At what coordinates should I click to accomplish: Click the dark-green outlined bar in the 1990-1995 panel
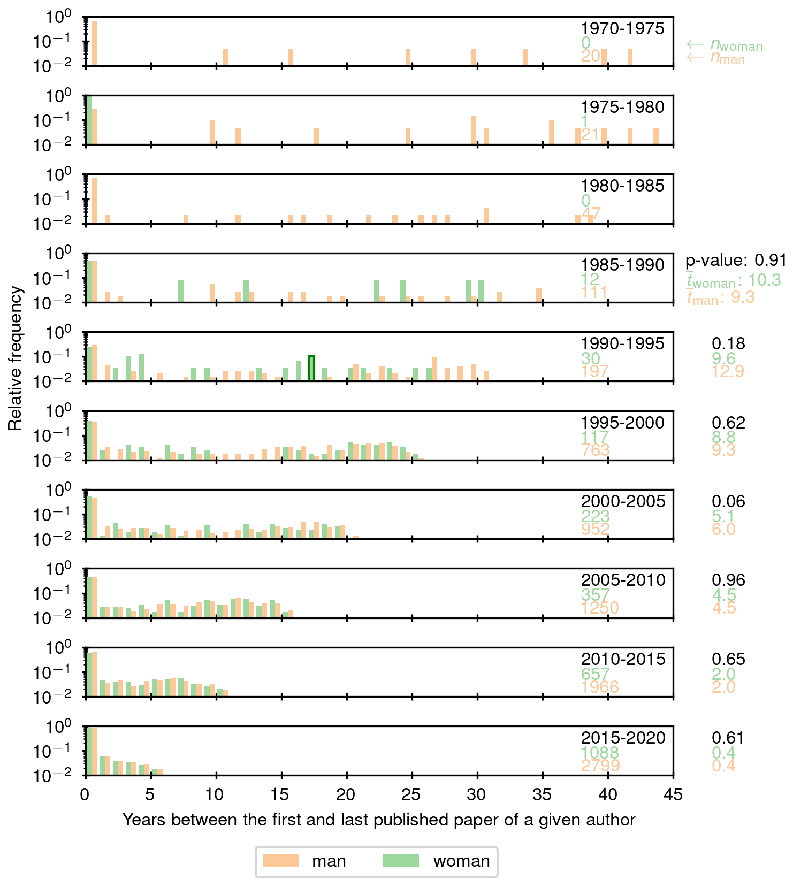pyautogui.click(x=311, y=368)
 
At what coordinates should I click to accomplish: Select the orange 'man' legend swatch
pyautogui.click(x=281, y=860)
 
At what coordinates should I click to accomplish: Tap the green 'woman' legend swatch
pyautogui.click(x=401, y=860)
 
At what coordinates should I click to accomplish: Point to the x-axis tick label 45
pyautogui.click(x=673, y=794)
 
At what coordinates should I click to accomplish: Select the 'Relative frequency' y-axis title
pyautogui.click(x=16, y=358)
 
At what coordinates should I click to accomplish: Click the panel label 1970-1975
pyautogui.click(x=623, y=28)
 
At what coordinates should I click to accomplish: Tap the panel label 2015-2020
pyautogui.click(x=623, y=738)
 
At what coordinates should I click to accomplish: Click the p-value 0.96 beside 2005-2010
pyautogui.click(x=728, y=580)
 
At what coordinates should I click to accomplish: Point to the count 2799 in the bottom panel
pyautogui.click(x=600, y=766)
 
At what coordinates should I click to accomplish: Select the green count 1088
pyautogui.click(x=600, y=753)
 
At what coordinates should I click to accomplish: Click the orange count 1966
pyautogui.click(x=600, y=687)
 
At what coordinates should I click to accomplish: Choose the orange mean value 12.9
pyautogui.click(x=728, y=371)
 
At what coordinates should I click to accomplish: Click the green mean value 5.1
pyautogui.click(x=723, y=516)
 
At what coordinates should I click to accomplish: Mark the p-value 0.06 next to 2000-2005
pyautogui.click(x=728, y=501)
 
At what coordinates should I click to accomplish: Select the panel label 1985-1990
pyautogui.click(x=623, y=265)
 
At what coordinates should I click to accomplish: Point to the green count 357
pyautogui.click(x=596, y=595)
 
